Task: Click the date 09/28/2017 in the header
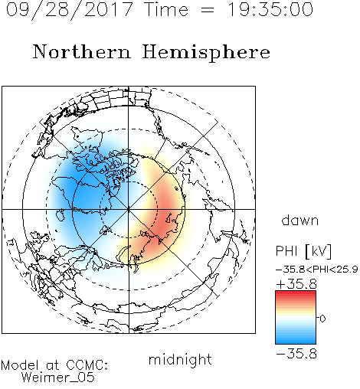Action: [x=70, y=10]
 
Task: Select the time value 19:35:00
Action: [x=270, y=9]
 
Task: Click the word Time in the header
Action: [x=166, y=9]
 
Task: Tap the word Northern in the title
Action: [x=82, y=52]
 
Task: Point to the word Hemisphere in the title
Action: [x=206, y=53]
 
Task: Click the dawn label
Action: [x=300, y=220]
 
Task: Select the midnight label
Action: [x=180, y=359]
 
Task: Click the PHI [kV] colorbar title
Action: [x=303, y=251]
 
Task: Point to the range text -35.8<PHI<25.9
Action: [x=317, y=270]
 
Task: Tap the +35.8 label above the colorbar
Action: [x=296, y=284]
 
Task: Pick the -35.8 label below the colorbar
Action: [x=296, y=354]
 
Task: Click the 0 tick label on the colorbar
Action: [x=322, y=319]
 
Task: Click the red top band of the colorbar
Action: [x=296, y=294]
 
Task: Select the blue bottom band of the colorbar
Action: [x=296, y=340]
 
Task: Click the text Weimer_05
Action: [x=57, y=378]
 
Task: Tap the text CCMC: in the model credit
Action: [x=87, y=365]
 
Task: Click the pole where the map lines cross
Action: [x=129, y=209]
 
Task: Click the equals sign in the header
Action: [x=208, y=11]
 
